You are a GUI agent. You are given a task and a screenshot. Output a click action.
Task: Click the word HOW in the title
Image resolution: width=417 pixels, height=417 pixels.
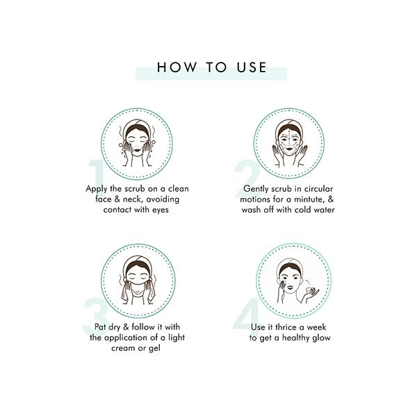(177, 67)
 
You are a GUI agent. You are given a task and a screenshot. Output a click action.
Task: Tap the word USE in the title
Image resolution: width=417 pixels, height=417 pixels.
(252, 67)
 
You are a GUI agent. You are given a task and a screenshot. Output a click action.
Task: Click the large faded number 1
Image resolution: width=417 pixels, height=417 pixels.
(97, 173)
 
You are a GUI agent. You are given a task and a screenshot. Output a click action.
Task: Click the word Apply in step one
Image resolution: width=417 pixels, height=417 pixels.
(97, 189)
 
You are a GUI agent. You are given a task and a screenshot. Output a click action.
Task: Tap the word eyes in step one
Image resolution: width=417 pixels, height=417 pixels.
(161, 210)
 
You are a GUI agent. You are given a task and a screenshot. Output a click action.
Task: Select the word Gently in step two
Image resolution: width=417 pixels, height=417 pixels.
(255, 189)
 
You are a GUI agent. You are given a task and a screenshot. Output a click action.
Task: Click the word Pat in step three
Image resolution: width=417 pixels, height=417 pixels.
(100, 327)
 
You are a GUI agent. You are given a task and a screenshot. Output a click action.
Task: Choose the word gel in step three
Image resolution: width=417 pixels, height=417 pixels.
(154, 348)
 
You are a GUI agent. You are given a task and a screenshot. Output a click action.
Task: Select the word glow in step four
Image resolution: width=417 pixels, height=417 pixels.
(321, 338)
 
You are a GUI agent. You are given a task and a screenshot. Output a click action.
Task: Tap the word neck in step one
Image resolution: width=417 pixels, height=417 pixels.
(131, 199)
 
